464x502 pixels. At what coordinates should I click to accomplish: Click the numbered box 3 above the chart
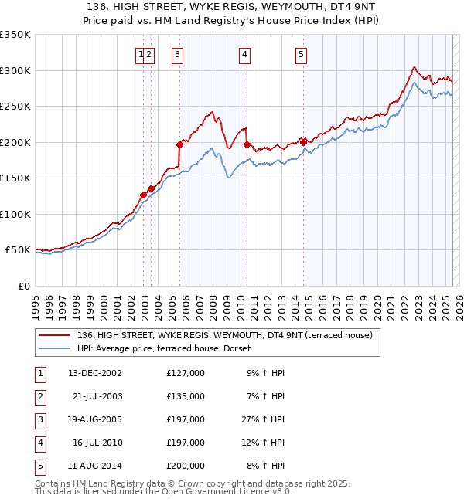[x=178, y=54]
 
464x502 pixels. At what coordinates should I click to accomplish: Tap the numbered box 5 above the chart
[x=300, y=54]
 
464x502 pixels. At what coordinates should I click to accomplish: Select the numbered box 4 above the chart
[x=244, y=54]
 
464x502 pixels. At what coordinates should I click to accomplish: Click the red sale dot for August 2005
[x=179, y=144]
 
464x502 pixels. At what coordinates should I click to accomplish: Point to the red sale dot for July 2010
[x=247, y=144]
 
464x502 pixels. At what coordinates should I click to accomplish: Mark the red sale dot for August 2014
[x=303, y=141]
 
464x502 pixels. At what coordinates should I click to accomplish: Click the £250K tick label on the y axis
[x=15, y=107]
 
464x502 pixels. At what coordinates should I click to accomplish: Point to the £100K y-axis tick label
[x=15, y=214]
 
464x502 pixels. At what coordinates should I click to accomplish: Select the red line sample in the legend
[x=54, y=335]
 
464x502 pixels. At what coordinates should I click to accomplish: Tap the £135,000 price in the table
[x=186, y=395]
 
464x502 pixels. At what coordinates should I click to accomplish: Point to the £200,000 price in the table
[x=186, y=466]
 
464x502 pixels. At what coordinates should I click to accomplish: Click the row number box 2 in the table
[x=39, y=395]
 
